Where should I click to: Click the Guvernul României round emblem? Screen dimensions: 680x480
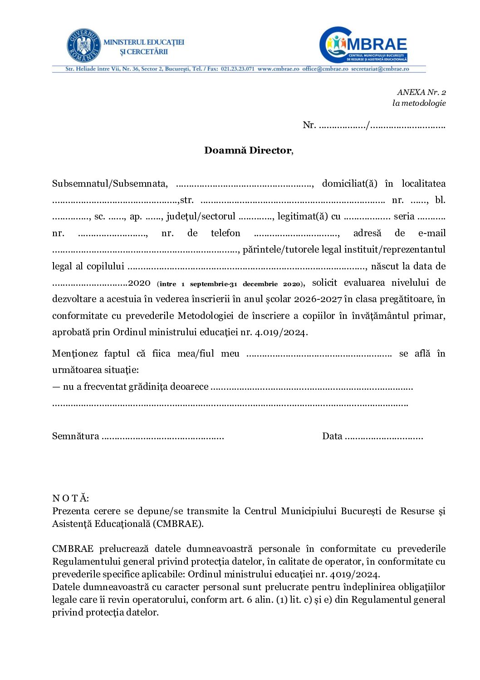click(x=83, y=45)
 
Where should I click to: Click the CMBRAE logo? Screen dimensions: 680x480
click(x=364, y=45)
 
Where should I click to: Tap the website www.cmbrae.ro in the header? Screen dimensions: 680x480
click(x=278, y=69)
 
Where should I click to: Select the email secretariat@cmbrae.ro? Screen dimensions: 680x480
click(x=380, y=69)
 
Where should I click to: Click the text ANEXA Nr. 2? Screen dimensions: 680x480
click(x=421, y=92)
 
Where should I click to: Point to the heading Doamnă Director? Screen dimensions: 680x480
click(x=248, y=150)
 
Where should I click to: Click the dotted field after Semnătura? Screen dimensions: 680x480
click(x=163, y=437)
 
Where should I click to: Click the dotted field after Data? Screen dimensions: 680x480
click(x=384, y=437)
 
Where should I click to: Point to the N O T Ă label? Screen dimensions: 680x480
click(x=71, y=498)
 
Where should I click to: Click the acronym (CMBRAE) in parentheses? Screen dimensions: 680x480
click(x=178, y=523)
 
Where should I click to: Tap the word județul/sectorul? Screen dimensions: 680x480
click(x=201, y=217)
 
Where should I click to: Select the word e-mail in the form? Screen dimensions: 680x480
click(x=431, y=233)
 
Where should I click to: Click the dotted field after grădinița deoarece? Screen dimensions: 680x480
click(x=312, y=387)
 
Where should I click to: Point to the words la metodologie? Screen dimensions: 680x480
click(x=419, y=103)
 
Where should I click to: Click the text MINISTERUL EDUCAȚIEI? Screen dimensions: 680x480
click(x=144, y=42)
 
